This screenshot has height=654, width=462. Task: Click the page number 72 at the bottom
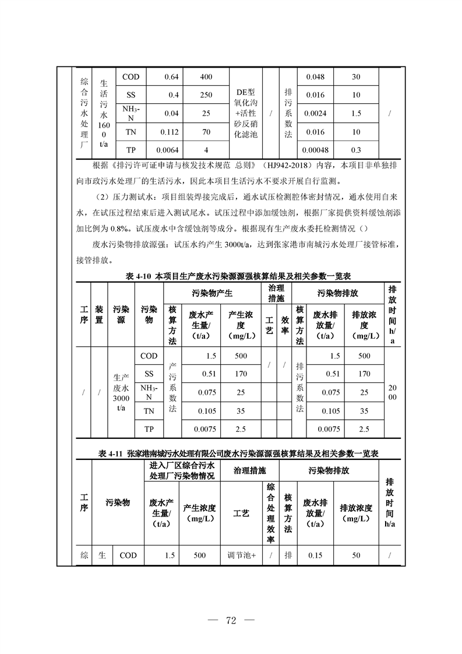pyautogui.click(x=230, y=620)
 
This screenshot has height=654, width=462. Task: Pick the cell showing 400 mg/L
pyautogui.click(x=206, y=77)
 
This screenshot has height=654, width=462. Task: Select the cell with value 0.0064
pyautogui.click(x=168, y=150)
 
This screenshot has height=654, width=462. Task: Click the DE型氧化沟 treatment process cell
pyautogui.click(x=245, y=113)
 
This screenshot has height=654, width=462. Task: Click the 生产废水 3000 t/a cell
pyautogui.click(x=121, y=392)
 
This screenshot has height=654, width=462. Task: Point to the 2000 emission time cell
pyautogui.click(x=392, y=392)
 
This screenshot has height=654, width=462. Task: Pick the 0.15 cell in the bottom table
pyautogui.click(x=315, y=555)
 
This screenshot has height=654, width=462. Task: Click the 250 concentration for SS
pyautogui.click(x=206, y=95)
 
